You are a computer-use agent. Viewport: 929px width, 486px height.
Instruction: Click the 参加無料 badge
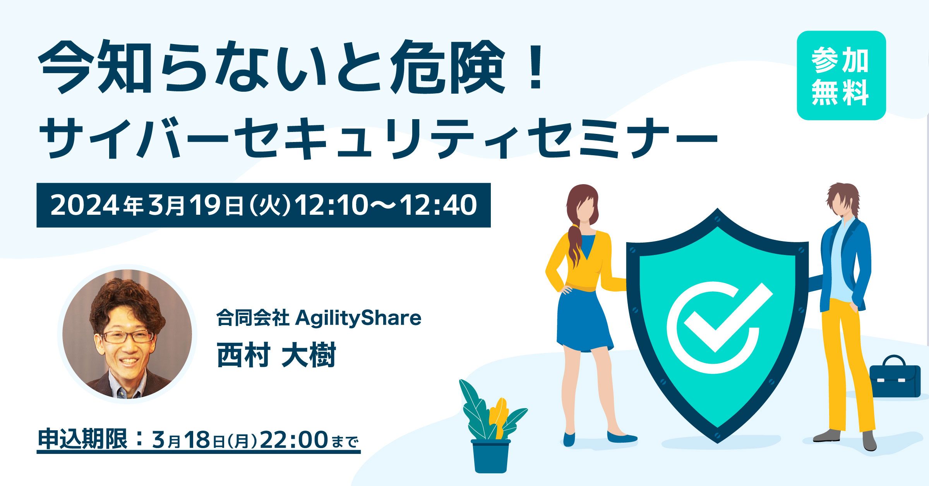coord(841,75)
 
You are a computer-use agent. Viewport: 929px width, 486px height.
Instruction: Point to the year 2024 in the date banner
coord(85,205)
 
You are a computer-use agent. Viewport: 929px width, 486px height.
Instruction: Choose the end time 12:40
coord(439,205)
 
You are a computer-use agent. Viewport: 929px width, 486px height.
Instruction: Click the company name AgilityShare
coord(358,318)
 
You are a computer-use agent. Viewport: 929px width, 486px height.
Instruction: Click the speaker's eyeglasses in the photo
coord(127,336)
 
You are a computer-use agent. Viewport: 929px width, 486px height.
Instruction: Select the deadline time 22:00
coord(294,440)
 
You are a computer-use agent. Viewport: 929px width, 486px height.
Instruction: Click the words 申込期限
coord(82,439)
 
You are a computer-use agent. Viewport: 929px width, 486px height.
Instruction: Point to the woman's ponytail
coord(574,246)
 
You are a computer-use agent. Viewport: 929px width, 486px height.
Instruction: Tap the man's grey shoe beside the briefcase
coord(869,441)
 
